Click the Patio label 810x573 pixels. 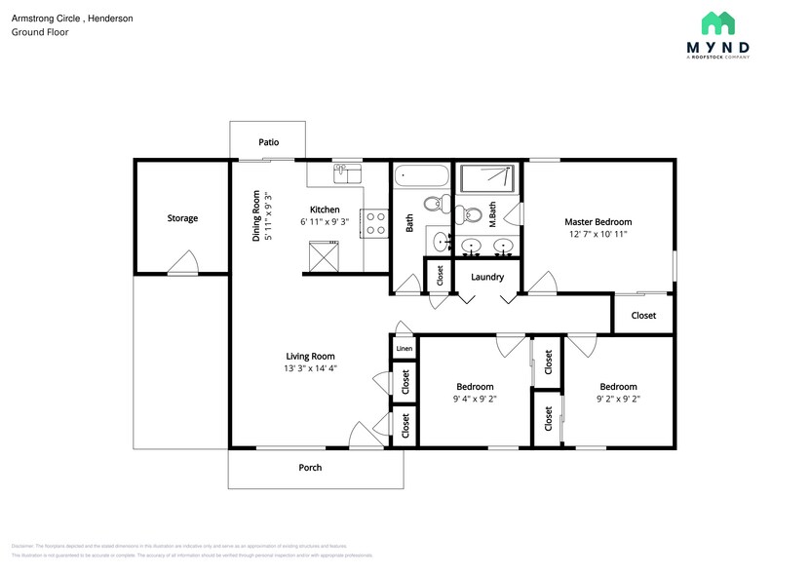(x=269, y=142)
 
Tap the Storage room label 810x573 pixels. (x=182, y=218)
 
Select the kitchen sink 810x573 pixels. (x=347, y=173)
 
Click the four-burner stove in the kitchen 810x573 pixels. (x=375, y=224)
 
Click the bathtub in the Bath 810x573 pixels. (x=421, y=178)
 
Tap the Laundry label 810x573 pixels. (x=487, y=277)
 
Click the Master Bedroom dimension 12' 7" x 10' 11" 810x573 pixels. (x=598, y=235)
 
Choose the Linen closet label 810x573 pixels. (x=405, y=348)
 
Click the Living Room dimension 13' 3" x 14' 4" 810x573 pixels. (x=310, y=369)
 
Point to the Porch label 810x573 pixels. (x=310, y=468)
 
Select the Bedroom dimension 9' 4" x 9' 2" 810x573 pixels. (x=475, y=399)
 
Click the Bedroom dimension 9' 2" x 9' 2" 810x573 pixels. (x=618, y=399)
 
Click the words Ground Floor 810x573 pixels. (x=40, y=32)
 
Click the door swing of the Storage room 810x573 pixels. (x=182, y=263)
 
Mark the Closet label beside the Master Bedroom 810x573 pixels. (x=643, y=316)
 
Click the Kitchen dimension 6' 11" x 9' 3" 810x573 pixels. (x=325, y=223)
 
